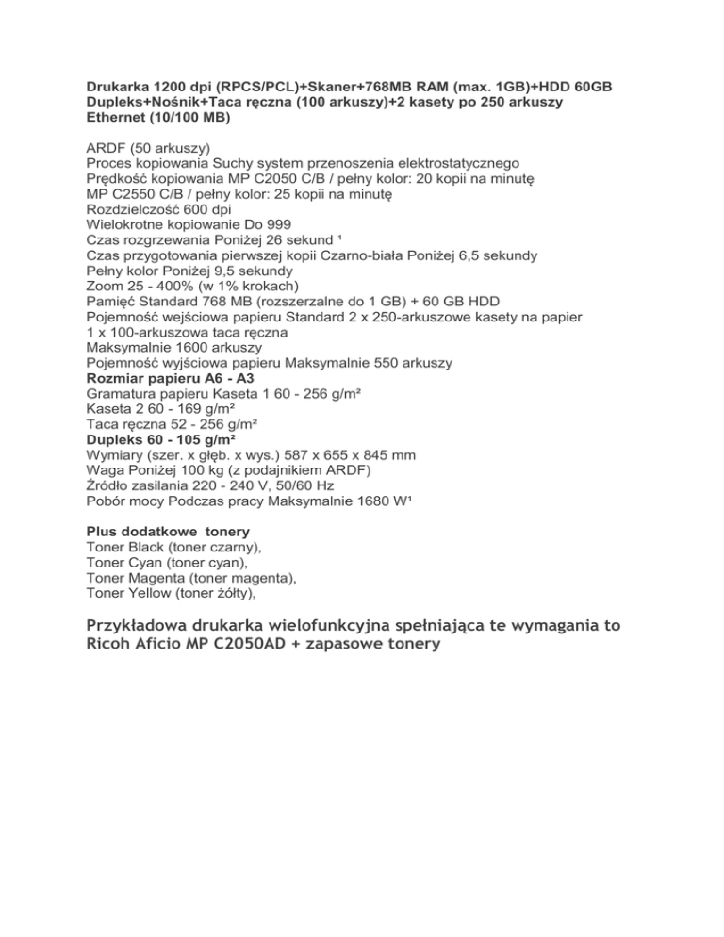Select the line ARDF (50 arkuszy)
click(x=148, y=148)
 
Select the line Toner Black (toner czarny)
click(x=173, y=546)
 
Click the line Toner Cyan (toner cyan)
click(x=168, y=561)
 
